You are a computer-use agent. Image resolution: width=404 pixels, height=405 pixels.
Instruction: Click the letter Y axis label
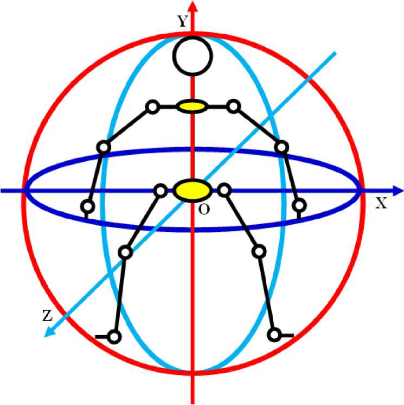(182, 22)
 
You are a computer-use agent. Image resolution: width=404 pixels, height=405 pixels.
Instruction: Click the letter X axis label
(381, 203)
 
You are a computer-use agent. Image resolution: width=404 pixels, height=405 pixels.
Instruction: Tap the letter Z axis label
(47, 315)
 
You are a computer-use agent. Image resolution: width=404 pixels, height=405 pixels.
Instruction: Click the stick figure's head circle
(191, 56)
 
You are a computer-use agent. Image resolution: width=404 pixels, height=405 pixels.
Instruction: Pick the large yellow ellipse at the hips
(192, 190)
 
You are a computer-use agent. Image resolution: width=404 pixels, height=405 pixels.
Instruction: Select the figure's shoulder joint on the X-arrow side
(233, 106)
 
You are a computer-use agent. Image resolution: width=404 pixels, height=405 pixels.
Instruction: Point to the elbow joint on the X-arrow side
(280, 147)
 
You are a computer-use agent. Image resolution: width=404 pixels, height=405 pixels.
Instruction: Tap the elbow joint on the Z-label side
(103, 147)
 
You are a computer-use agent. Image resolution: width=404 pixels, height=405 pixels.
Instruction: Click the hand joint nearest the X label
(299, 205)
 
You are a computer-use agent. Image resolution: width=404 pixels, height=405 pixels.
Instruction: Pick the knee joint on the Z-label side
(125, 251)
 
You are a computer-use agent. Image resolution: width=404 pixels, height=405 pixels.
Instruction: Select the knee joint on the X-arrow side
(259, 251)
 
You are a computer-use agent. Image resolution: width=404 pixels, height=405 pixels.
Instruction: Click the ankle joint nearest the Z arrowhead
(114, 337)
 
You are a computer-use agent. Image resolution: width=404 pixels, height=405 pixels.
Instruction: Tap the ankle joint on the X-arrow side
(275, 334)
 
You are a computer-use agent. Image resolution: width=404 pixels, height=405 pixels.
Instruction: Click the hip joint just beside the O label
(224, 190)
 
